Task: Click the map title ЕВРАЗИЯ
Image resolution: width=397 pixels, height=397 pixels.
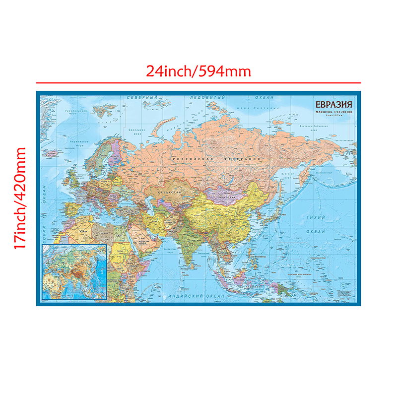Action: [x=332, y=105]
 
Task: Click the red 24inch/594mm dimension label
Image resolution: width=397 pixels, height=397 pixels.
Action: [x=198, y=71]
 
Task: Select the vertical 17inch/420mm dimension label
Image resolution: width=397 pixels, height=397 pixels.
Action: [x=20, y=198]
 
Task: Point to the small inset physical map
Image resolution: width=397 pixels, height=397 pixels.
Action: [x=74, y=272]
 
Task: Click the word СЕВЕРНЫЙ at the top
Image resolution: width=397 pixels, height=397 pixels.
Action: [x=142, y=97]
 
